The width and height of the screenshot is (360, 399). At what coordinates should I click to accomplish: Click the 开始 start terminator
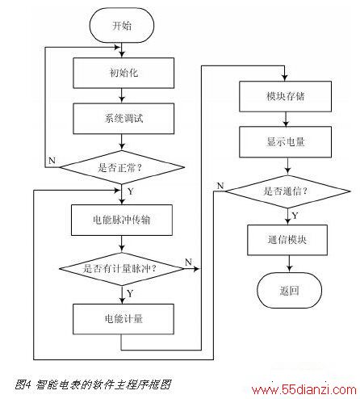click(x=122, y=25)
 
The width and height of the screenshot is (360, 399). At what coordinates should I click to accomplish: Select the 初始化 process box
click(x=123, y=73)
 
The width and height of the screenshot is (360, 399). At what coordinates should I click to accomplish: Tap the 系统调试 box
click(x=123, y=119)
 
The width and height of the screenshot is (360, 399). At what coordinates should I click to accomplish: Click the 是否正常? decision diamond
click(x=122, y=167)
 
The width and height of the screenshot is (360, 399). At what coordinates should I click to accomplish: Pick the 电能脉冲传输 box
click(x=122, y=220)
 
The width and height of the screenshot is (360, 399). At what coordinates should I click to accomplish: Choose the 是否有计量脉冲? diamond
click(x=122, y=268)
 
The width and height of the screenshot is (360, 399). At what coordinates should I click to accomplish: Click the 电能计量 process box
click(x=123, y=319)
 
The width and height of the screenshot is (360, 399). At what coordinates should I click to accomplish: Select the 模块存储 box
click(x=285, y=96)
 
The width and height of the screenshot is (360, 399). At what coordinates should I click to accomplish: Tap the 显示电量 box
click(x=285, y=142)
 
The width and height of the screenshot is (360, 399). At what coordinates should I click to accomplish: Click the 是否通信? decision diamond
click(x=287, y=191)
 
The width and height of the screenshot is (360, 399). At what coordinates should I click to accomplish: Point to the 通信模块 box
click(x=287, y=240)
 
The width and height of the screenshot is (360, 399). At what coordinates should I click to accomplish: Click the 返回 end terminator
click(x=289, y=290)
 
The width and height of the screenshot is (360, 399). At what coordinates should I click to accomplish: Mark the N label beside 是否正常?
click(x=52, y=161)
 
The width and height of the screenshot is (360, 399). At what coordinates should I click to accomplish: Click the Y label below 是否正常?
click(x=131, y=191)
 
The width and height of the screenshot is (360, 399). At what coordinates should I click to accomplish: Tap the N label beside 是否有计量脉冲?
click(x=188, y=262)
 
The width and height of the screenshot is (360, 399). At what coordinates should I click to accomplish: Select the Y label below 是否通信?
click(x=295, y=216)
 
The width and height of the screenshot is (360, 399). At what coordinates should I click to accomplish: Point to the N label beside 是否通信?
click(x=220, y=186)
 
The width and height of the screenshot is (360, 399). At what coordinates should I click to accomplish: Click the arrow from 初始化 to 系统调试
click(x=122, y=95)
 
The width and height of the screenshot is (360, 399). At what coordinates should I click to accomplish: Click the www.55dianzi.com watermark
click(x=304, y=389)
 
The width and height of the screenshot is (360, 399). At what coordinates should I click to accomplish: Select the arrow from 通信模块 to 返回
click(x=289, y=264)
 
